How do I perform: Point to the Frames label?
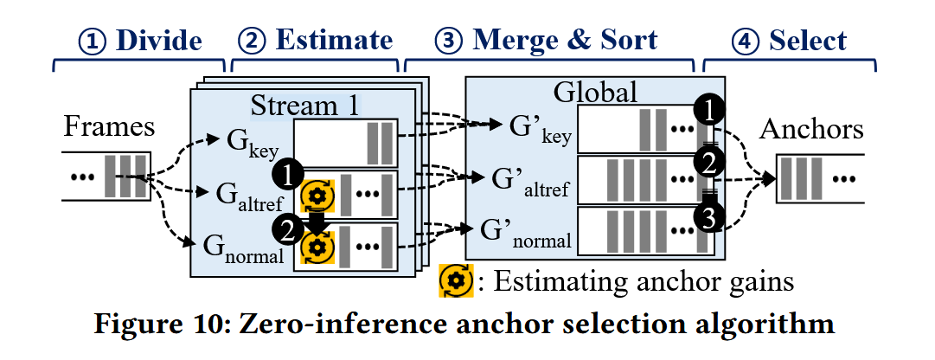[x=109, y=128]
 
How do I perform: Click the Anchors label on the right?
[x=811, y=129]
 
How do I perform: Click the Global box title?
[x=596, y=92]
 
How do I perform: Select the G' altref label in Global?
[x=529, y=183]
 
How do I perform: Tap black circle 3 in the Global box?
[x=708, y=218]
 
